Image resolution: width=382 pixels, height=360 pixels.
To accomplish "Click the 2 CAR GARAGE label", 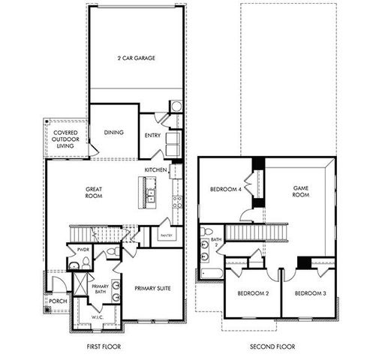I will tap(136, 58).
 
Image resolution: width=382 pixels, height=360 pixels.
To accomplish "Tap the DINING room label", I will tap(114, 133).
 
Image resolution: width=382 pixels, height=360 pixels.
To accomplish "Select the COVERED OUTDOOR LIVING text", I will tap(65, 139).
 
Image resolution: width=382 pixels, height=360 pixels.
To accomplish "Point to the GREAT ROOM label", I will tap(94, 193).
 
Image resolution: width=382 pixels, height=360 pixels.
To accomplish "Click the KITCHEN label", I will tap(155, 170).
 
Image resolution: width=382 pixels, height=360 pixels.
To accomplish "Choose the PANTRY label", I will tap(167, 235).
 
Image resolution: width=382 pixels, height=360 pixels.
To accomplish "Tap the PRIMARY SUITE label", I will tap(153, 287).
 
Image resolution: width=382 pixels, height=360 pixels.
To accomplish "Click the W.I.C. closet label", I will tap(97, 316).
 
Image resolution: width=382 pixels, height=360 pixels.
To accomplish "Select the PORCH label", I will tap(57, 301).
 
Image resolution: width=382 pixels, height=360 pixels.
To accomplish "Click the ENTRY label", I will tap(152, 136).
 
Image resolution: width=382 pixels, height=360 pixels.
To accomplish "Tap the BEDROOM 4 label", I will tap(224, 189).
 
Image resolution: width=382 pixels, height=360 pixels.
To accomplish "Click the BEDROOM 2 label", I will tap(253, 293).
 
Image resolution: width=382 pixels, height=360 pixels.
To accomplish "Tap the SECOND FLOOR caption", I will tap(272, 346).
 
